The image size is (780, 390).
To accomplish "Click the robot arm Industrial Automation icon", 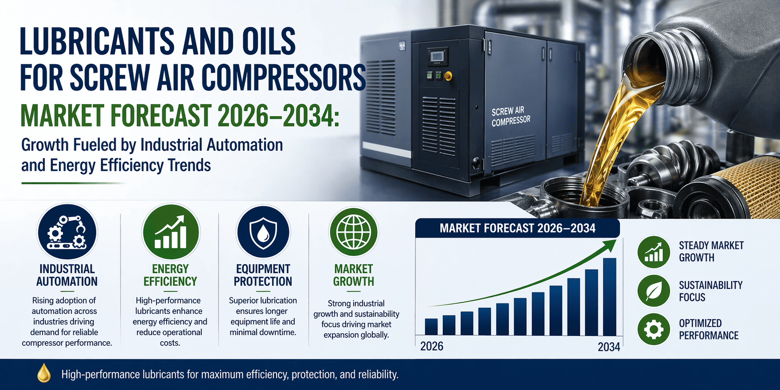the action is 67,232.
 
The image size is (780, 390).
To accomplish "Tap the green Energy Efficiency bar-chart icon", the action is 171,232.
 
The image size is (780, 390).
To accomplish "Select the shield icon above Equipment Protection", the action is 263,232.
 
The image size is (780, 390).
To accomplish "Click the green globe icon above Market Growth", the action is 354,232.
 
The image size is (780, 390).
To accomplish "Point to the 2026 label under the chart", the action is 432,346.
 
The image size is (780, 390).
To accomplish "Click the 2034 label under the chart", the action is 609,347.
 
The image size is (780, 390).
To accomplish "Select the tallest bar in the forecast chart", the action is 609,297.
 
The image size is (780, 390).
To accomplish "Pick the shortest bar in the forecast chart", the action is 431,327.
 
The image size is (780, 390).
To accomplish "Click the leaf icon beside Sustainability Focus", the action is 654,291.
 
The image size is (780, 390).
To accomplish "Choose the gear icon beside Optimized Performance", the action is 654,329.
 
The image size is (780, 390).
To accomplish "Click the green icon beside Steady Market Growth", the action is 654,251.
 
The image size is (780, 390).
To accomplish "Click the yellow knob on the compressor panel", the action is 448,76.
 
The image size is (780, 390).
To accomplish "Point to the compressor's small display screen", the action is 438,56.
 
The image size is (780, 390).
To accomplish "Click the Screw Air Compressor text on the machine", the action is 510,117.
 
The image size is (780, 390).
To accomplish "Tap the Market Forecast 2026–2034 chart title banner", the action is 518,228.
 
